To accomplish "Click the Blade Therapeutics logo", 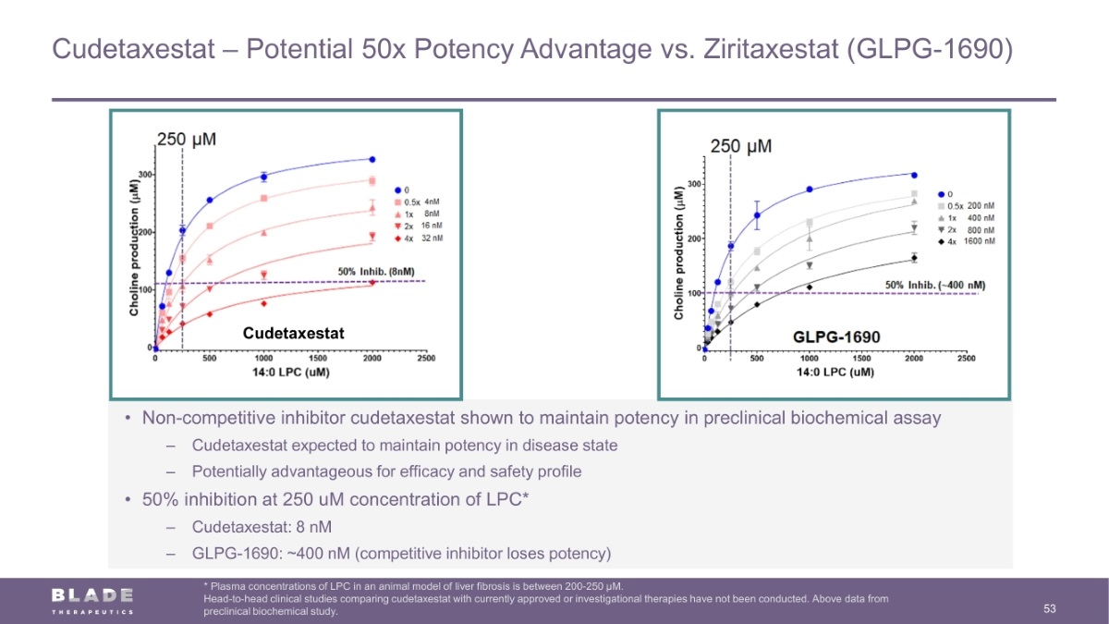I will tap(92, 598).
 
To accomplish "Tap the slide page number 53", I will tap(1049, 608).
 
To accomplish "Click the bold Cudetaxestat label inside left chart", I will tap(293, 334).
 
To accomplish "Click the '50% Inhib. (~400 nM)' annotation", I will tap(935, 285).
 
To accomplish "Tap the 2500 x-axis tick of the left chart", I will tap(426, 358).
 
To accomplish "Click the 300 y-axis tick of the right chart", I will tap(692, 185).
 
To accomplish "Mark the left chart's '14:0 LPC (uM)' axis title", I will tap(292, 372).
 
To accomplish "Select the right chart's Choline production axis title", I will tap(679, 251).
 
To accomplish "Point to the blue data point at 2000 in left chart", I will tap(372, 159).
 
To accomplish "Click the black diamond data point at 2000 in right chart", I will tap(914, 258).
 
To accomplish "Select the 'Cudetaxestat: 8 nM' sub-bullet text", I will tap(262, 527).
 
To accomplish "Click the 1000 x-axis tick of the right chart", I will tap(809, 359).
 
